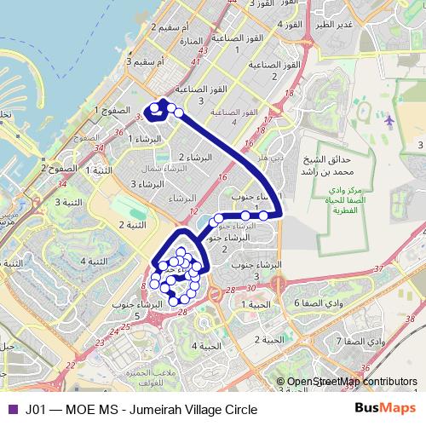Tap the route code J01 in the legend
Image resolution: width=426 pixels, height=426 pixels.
(x=36, y=409)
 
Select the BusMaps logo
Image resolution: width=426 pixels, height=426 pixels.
(x=386, y=408)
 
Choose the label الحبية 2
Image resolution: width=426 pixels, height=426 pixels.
(x=267, y=339)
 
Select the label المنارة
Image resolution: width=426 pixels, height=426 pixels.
(x=190, y=41)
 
